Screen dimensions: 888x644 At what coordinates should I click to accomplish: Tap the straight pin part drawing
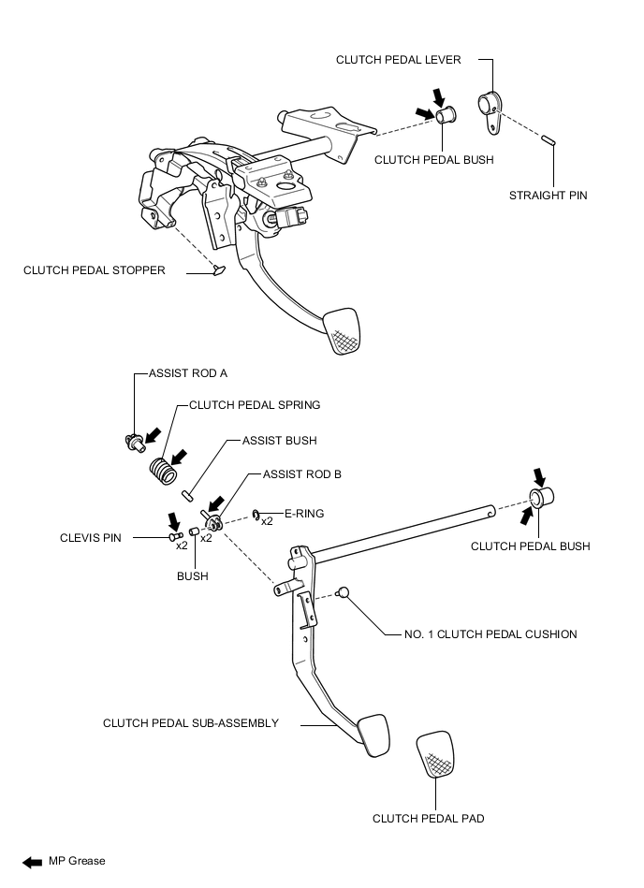point(549,140)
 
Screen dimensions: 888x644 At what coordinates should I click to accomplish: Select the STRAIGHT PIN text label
point(549,196)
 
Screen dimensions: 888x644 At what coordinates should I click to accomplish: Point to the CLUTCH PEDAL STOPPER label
point(95,270)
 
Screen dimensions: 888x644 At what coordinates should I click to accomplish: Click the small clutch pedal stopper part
point(220,270)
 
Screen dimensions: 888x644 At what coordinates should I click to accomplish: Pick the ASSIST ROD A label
point(188,373)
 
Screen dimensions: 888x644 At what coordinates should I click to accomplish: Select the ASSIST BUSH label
point(279,440)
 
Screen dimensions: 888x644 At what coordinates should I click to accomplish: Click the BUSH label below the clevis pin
point(192,576)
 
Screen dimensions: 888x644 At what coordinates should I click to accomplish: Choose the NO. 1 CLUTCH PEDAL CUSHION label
point(483,634)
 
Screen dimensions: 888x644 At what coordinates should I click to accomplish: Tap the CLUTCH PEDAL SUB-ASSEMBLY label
point(191,722)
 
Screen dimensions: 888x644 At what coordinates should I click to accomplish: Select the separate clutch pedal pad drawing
point(436,755)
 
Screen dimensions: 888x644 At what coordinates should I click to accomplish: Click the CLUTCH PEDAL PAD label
point(429,819)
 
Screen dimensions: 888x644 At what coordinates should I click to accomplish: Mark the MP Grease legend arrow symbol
point(31,861)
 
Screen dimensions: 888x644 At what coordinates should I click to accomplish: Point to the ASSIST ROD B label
point(302,474)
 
